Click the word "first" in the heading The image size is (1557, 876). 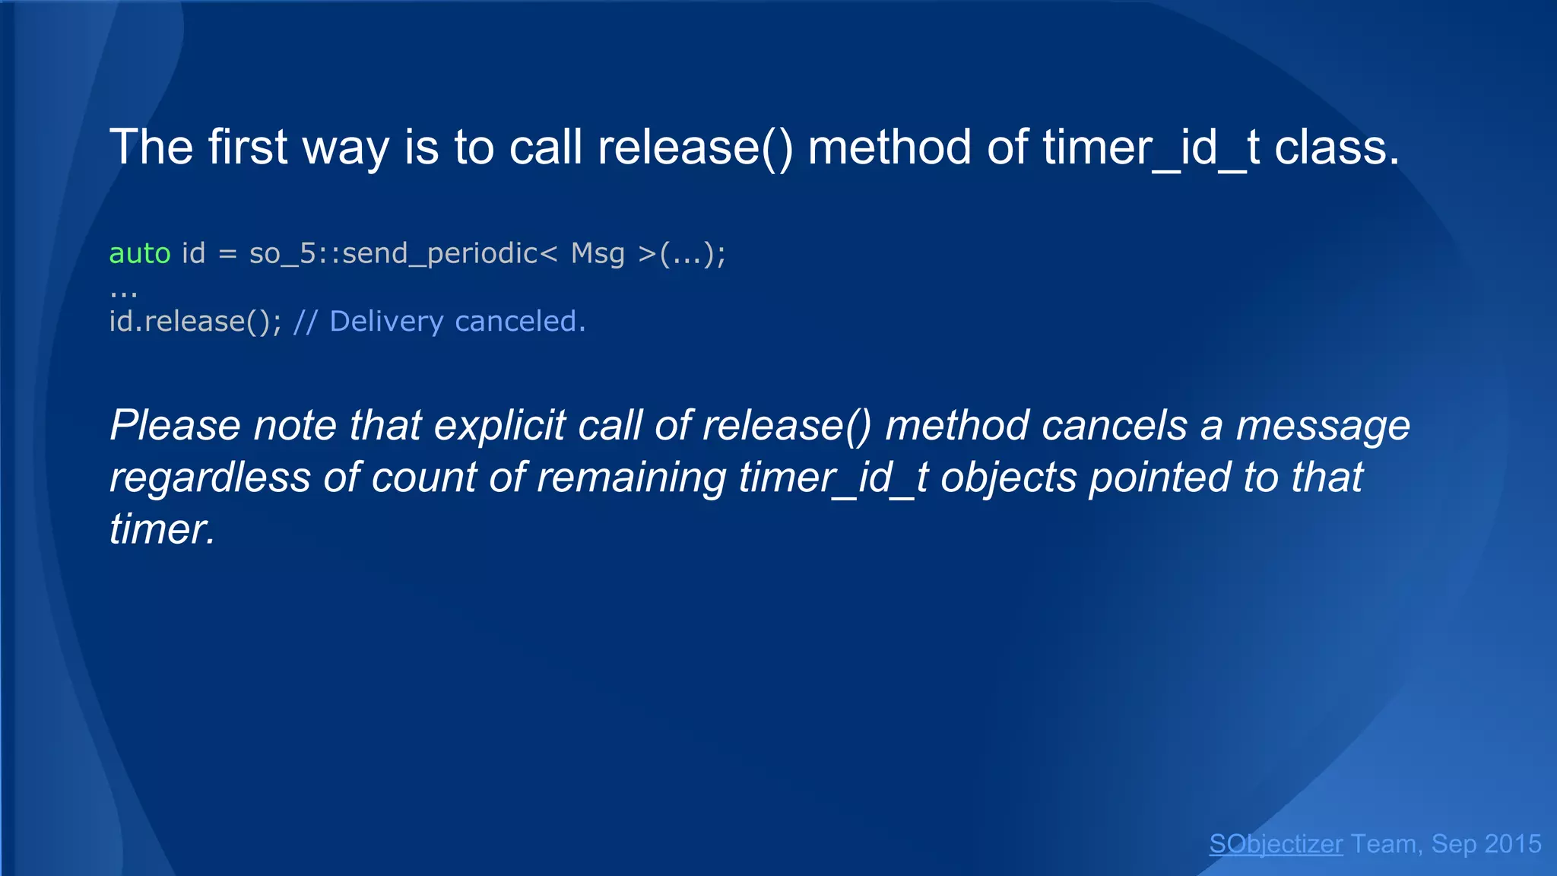click(247, 147)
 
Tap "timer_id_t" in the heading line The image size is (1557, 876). click(1151, 147)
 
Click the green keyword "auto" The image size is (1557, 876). click(140, 253)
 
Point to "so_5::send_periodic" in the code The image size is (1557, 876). click(394, 253)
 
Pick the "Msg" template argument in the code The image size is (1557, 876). click(598, 253)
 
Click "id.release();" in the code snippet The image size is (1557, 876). click(195, 322)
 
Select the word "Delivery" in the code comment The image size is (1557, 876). click(386, 322)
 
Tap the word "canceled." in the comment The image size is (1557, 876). click(520, 322)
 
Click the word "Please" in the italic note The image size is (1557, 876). click(176, 425)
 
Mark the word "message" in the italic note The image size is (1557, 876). click(1323, 425)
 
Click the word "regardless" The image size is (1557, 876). click(210, 478)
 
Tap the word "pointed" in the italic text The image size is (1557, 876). click(1159, 478)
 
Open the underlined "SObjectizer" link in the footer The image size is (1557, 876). click(1276, 844)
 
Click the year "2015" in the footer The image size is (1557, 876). click(1512, 844)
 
